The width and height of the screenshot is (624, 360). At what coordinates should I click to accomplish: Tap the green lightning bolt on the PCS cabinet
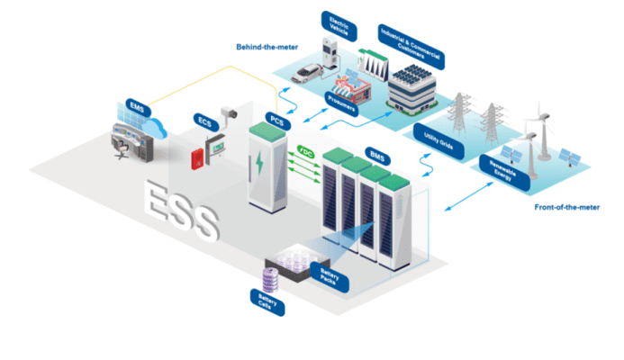[260, 164]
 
